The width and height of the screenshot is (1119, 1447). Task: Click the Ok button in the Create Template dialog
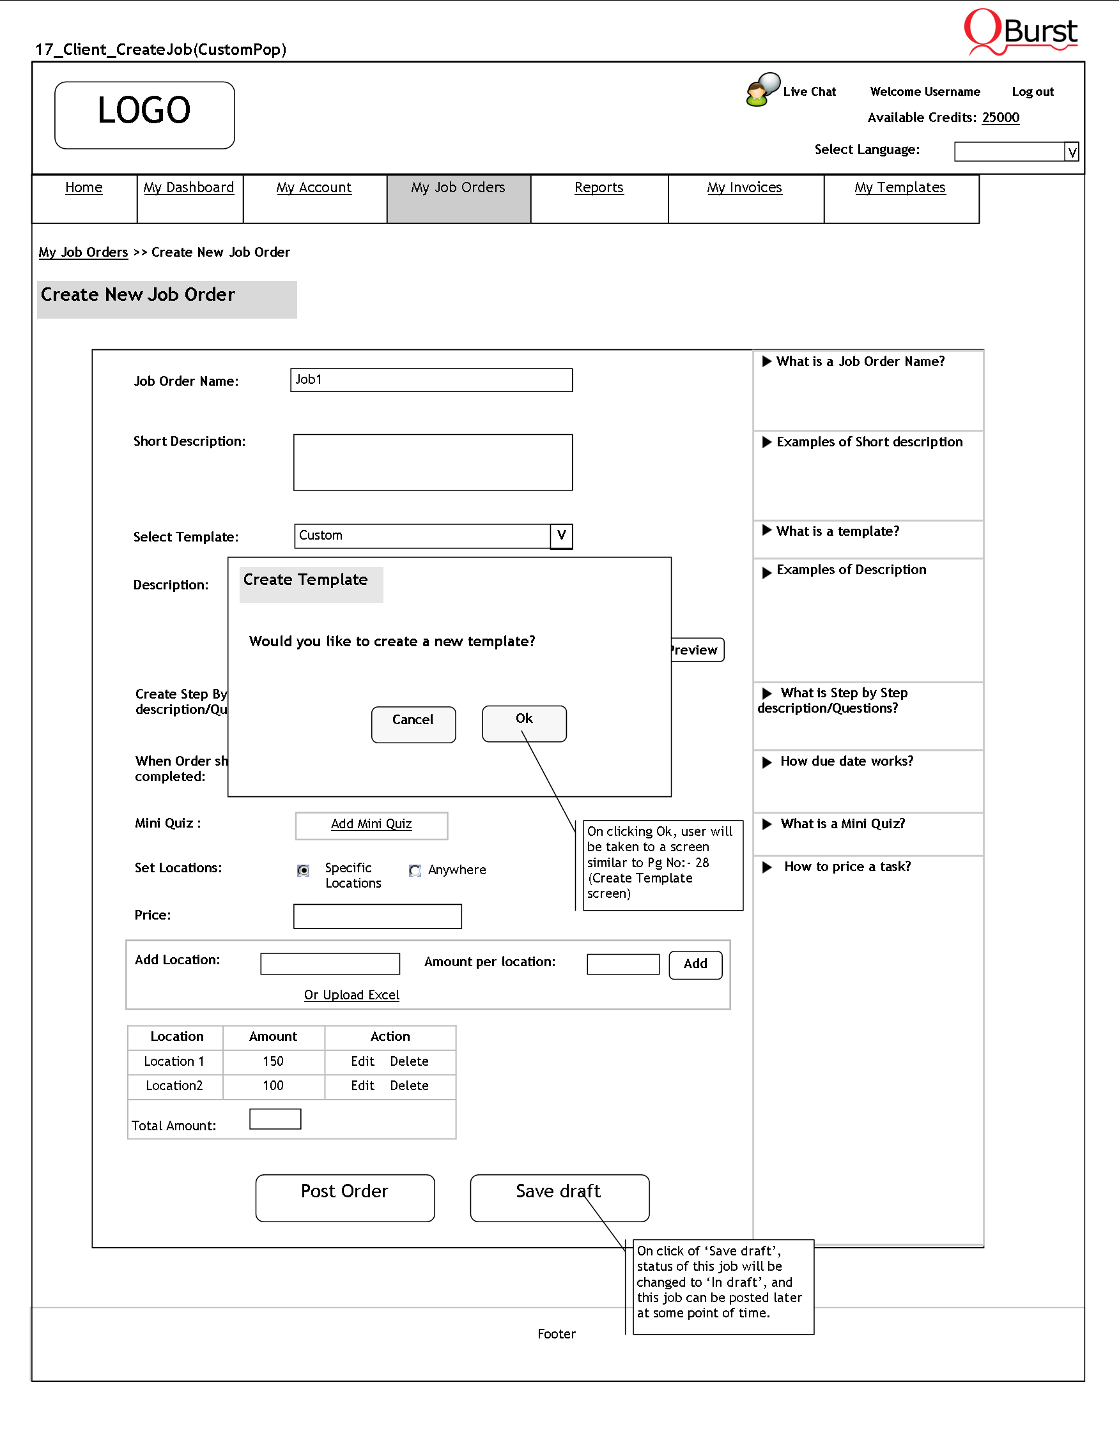523,723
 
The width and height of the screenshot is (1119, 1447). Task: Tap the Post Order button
344,1197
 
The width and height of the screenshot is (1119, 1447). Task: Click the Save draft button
559,1197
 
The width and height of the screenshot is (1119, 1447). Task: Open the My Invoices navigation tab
745,188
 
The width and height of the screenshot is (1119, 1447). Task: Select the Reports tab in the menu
599,188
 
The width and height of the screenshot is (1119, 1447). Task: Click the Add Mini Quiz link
371,824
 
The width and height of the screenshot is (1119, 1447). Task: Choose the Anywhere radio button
415,870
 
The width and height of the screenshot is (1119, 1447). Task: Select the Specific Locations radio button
303,870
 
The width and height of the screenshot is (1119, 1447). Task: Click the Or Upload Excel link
351,995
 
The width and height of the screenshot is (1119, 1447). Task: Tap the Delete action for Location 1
409,1061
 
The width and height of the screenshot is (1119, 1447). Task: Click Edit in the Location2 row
362,1086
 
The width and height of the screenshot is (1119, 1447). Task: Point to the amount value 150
273,1061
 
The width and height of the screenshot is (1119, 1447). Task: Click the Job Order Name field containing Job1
431,381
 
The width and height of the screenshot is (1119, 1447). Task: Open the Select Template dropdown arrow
561,536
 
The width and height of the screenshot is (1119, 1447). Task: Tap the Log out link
1032,92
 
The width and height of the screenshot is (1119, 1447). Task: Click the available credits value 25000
1000,118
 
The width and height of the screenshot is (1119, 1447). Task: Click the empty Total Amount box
275,1119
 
